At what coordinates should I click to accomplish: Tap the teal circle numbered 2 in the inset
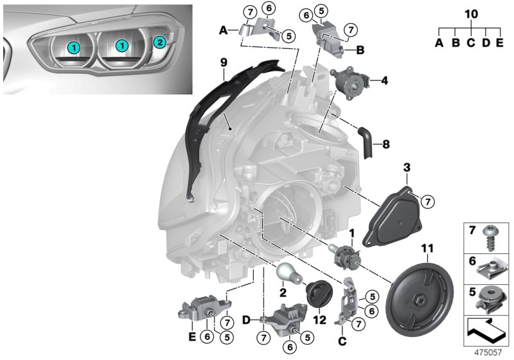point(161,43)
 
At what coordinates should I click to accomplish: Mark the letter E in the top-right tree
point(500,42)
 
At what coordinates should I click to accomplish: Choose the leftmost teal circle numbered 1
point(75,46)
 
